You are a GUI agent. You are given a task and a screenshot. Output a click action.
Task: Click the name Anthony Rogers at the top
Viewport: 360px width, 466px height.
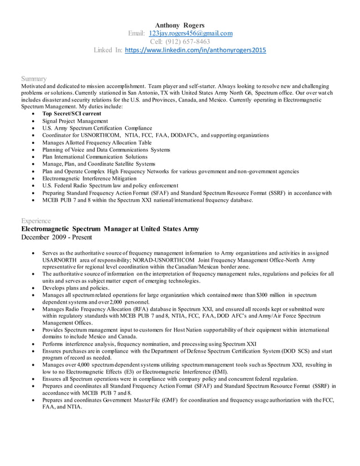pyautogui.click(x=179, y=25)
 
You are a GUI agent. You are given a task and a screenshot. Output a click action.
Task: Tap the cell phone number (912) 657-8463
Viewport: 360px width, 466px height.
pyautogui.click(x=180, y=42)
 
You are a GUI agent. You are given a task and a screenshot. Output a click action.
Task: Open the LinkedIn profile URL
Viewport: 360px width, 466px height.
pyautogui.click(x=195, y=50)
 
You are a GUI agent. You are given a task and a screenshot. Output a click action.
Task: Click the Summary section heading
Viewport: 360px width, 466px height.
pyautogui.click(x=34, y=78)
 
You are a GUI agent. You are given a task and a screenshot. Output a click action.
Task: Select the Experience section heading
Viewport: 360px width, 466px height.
pyautogui.click(x=36, y=221)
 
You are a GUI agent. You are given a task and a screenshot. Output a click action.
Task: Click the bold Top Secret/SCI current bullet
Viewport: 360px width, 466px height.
pyautogui.click(x=72, y=113)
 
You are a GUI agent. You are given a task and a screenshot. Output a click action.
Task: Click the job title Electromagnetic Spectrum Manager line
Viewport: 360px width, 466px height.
pyautogui.click(x=109, y=229)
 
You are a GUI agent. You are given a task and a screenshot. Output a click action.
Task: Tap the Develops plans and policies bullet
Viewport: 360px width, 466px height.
pyautogui.click(x=76, y=288)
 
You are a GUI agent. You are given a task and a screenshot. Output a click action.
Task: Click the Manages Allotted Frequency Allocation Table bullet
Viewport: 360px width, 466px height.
pyautogui.click(x=97, y=143)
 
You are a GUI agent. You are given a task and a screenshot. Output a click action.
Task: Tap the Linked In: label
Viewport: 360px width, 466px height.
pyautogui.click(x=107, y=50)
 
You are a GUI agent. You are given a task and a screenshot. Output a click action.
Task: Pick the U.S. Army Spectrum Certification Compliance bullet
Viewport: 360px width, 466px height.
pyautogui.click(x=97, y=128)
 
